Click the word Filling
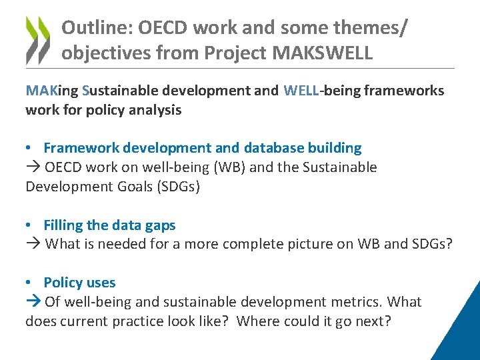[x=63, y=225]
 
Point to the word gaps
[x=160, y=225]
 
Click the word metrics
[x=361, y=302]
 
